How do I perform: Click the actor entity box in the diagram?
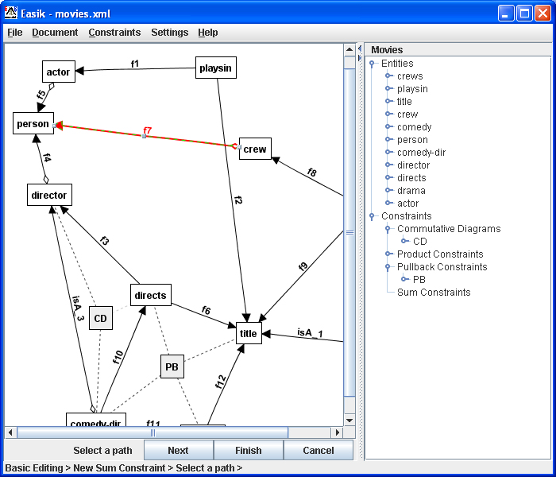[59, 72]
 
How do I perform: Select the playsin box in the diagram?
[215, 68]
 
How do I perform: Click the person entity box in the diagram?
[33, 123]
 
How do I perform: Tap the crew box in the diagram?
[255, 149]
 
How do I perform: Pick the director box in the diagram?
[49, 195]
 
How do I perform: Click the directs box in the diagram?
[151, 295]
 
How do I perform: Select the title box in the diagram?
[249, 333]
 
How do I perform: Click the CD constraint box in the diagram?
[101, 318]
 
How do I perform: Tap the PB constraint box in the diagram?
[172, 366]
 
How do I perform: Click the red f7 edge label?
[147, 130]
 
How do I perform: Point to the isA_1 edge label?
[310, 333]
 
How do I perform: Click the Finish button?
[249, 450]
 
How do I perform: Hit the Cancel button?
[319, 450]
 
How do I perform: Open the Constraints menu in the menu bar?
[114, 33]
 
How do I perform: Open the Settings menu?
[169, 33]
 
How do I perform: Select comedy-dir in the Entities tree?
[421, 153]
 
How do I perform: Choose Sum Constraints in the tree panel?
[434, 292]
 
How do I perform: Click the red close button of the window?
[542, 14]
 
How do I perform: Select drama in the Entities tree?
[411, 191]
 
